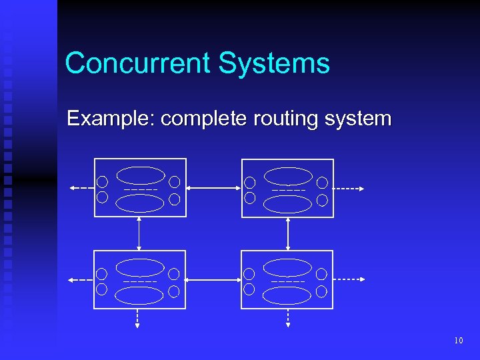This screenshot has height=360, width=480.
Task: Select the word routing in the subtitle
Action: (283, 119)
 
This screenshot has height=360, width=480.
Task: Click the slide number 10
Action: (458, 341)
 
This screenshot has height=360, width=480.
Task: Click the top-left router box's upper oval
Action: (141, 175)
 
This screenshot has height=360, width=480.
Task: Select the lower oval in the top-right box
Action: (287, 204)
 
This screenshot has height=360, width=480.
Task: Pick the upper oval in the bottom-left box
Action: (140, 267)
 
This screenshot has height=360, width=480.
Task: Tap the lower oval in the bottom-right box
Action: (287, 295)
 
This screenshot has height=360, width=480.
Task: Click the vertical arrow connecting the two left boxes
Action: (139, 233)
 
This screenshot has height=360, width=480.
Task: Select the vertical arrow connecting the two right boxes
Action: (287, 233)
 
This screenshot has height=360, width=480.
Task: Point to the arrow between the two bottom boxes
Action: (213, 280)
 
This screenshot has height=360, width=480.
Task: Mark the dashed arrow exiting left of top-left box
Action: (81, 189)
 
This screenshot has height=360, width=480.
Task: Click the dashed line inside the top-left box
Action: (141, 190)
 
